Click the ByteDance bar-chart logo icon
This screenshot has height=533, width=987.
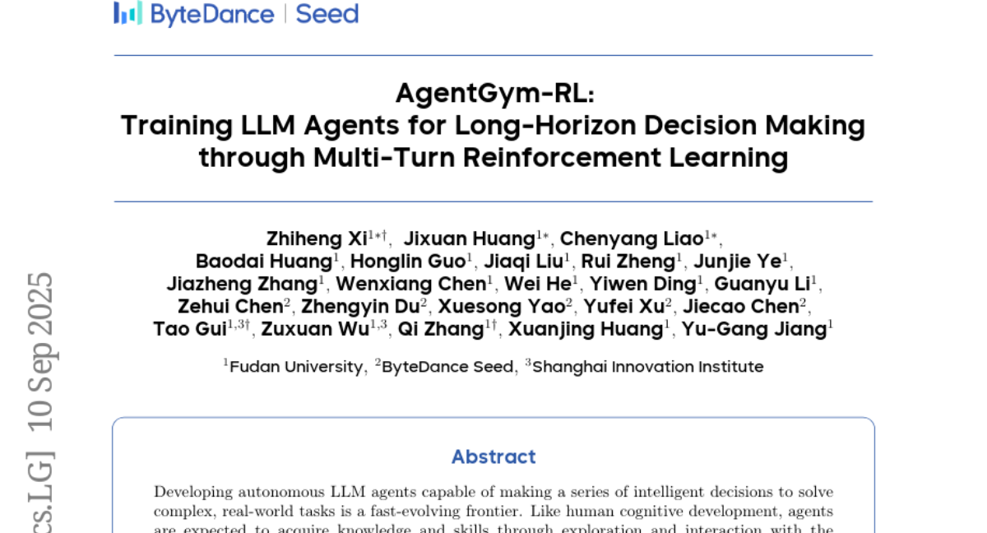click(x=127, y=13)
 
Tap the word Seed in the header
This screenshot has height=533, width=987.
click(x=327, y=14)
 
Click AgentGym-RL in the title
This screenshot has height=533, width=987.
click(x=495, y=94)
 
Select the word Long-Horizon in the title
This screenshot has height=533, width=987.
click(x=545, y=126)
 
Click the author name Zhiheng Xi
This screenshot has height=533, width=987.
click(x=317, y=239)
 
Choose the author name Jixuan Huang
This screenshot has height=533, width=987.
click(x=470, y=239)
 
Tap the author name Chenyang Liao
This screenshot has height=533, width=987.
click(x=632, y=239)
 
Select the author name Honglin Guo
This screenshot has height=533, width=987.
click(x=408, y=262)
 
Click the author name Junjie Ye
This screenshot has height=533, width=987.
click(x=738, y=262)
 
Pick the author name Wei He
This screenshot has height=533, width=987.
click(x=538, y=284)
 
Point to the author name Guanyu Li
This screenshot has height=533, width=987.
click(x=762, y=285)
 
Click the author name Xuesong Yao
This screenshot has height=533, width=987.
click(x=502, y=307)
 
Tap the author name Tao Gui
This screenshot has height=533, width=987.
click(x=190, y=329)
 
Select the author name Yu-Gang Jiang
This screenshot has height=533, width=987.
click(x=754, y=330)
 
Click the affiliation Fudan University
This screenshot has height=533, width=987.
click(x=296, y=367)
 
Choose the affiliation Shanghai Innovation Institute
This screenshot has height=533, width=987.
click(x=648, y=367)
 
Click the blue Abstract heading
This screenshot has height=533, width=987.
click(x=493, y=457)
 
